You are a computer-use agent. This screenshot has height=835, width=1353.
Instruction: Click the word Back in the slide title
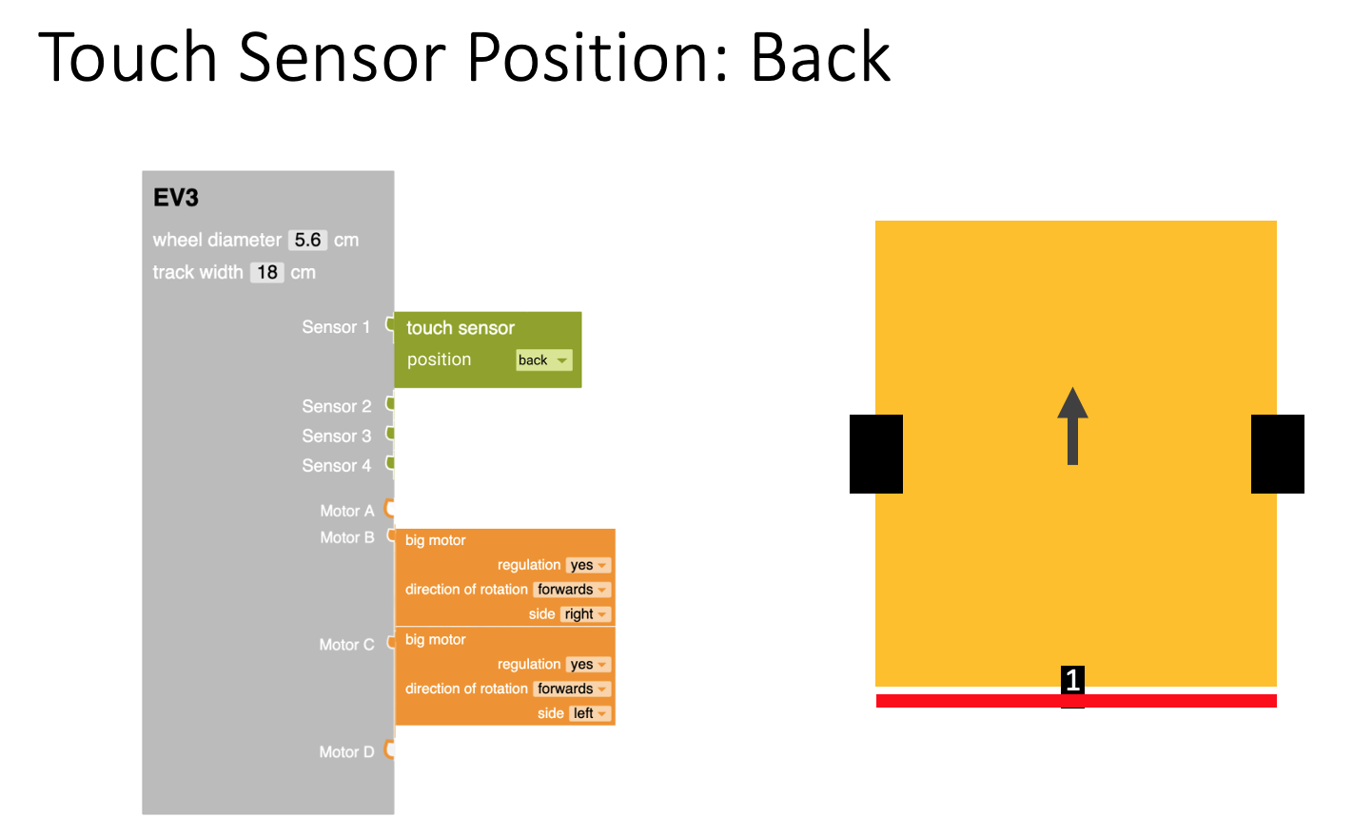(820, 58)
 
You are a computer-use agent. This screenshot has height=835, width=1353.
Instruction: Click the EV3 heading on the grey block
(176, 198)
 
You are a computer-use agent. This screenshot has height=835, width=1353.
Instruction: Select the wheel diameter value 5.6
(307, 241)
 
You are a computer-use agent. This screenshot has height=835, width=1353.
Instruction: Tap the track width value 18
(267, 273)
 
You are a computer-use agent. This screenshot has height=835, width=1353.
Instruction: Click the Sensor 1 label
(336, 327)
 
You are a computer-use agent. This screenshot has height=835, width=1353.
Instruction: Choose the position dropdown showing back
(543, 360)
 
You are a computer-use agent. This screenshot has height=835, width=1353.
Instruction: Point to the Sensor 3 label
(336, 437)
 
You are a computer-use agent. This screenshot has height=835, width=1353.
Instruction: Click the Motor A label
(346, 512)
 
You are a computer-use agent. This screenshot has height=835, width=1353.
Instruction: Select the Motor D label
(346, 752)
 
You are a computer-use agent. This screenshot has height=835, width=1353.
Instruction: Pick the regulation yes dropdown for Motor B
(588, 565)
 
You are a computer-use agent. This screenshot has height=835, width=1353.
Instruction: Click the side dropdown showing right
(585, 614)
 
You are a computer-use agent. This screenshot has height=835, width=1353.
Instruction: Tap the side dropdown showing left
(590, 713)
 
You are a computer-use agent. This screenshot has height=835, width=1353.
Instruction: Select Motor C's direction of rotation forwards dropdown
(571, 689)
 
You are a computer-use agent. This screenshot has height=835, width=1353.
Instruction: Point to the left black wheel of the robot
(875, 454)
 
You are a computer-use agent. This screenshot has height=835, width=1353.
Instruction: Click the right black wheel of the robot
(1277, 454)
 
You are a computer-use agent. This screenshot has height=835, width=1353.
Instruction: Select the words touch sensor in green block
(461, 328)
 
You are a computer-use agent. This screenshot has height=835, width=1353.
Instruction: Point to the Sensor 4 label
(336, 466)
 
